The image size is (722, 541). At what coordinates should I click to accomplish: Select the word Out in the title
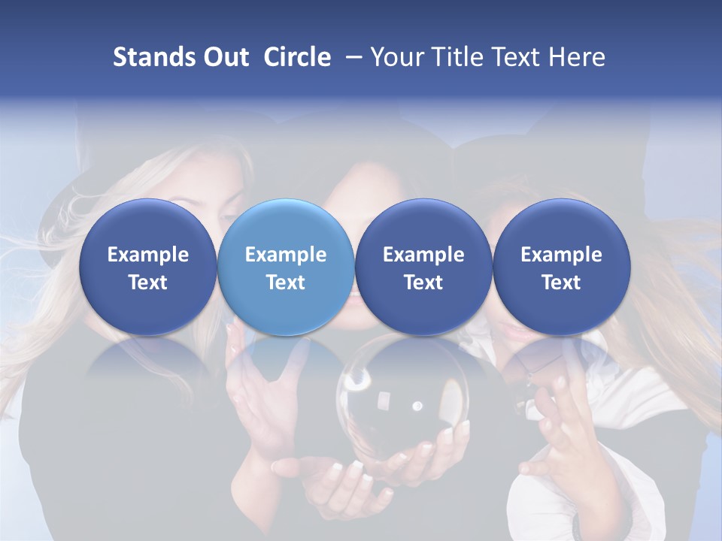point(224,57)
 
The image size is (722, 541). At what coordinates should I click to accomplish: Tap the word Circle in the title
point(297,57)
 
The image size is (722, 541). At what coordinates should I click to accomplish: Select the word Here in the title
point(575,57)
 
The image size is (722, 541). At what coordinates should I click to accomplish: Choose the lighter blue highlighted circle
point(286,267)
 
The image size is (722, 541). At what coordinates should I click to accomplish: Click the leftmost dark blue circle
point(148,267)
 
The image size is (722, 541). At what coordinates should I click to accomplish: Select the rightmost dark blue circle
point(562,267)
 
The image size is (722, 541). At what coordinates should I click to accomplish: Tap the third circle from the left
point(423,267)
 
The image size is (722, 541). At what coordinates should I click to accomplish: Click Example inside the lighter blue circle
point(286,255)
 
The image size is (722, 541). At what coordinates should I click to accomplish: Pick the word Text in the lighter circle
point(286,283)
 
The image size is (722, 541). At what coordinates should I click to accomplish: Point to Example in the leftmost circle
point(148,255)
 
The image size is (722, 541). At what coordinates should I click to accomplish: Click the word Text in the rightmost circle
point(562,283)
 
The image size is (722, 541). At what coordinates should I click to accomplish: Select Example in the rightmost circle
point(562,255)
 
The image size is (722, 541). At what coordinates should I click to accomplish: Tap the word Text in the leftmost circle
point(148,283)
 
